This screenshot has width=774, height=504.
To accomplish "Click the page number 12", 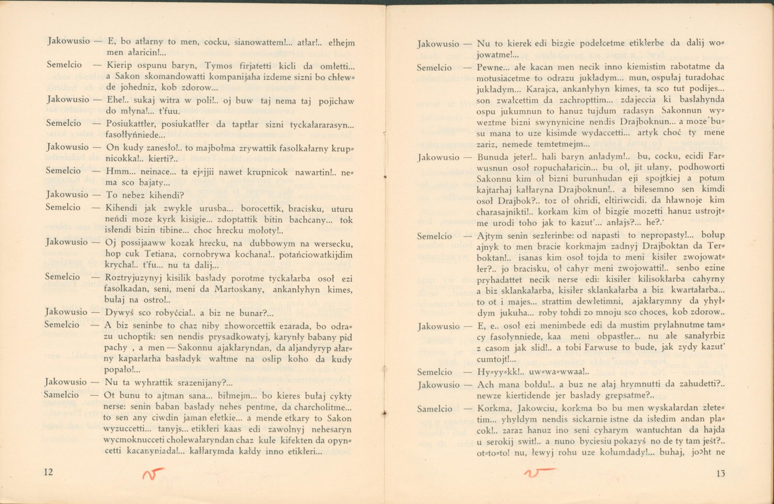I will (x=48, y=472).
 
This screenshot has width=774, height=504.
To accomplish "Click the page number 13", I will (x=721, y=473).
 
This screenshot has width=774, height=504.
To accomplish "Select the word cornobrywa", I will (x=214, y=254).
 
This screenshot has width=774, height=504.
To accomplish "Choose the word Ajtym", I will (x=488, y=236).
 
